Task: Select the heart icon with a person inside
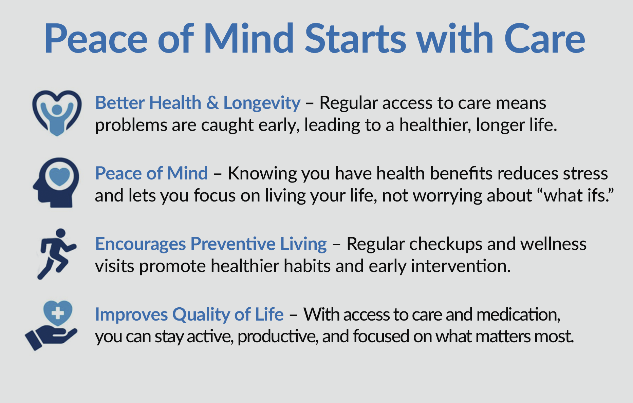57,113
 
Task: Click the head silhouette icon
56,183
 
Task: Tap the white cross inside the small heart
58,313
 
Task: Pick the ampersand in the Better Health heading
212,102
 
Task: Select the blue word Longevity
262,103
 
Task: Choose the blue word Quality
201,315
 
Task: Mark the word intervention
461,266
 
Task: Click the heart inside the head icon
59,176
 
